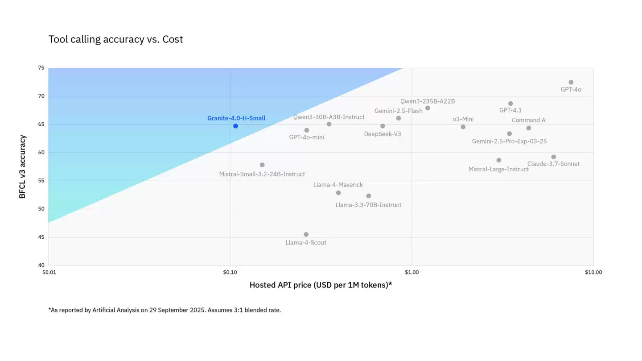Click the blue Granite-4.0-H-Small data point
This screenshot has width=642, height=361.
[235, 126]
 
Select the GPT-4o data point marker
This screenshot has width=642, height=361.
[571, 83]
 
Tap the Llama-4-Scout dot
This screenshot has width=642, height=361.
[306, 234]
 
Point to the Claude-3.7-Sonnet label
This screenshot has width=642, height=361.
[553, 164]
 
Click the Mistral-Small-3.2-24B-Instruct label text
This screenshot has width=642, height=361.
[262, 174]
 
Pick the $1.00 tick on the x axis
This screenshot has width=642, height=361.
[412, 272]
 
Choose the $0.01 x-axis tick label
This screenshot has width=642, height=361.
[49, 272]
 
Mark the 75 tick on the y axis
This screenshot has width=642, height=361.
[41, 68]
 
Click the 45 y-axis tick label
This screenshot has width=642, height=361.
[41, 237]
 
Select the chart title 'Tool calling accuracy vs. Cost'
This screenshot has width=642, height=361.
[115, 39]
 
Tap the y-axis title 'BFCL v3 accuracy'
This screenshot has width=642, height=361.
[22, 167]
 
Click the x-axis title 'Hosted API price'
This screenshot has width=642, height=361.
[320, 285]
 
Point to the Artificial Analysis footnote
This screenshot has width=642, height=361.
[165, 310]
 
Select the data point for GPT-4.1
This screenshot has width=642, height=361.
[510, 104]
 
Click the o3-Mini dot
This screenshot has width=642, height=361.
[463, 127]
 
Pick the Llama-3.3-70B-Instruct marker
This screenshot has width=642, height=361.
[368, 196]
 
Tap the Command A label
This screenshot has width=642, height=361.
[528, 120]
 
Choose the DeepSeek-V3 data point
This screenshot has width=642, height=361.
[383, 126]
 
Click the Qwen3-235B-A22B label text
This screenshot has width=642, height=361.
[427, 101]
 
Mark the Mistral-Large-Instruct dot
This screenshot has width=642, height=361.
[498, 160]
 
